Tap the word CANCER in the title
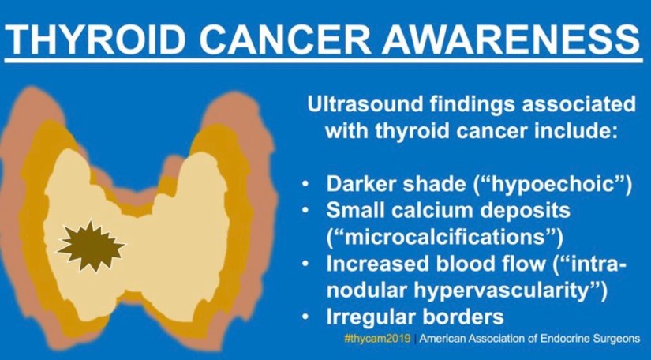283,39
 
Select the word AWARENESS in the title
511,39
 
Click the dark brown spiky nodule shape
91,246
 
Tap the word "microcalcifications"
445,237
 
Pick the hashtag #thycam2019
377,339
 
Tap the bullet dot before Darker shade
305,184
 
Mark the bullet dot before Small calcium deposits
305,211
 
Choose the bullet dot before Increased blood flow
305,264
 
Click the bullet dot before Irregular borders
305,317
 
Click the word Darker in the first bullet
361,184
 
